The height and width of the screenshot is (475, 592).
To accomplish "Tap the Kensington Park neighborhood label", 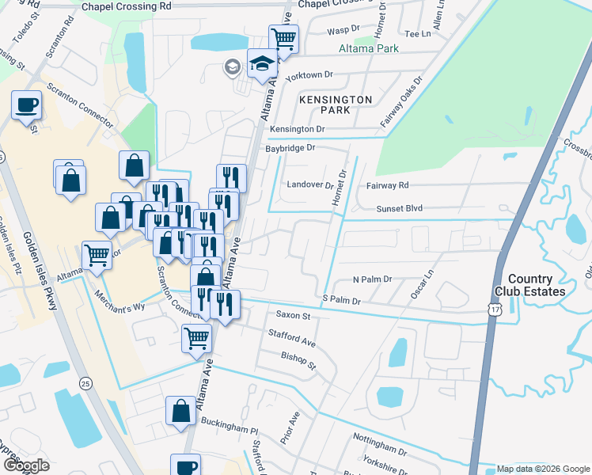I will pos(336,104).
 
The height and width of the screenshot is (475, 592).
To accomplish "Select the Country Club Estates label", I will pos(536,285).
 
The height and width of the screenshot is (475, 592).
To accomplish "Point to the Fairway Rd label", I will pos(387,185).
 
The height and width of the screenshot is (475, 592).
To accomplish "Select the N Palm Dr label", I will pos(372,280).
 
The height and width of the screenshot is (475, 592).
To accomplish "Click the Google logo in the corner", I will pos(26,465).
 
